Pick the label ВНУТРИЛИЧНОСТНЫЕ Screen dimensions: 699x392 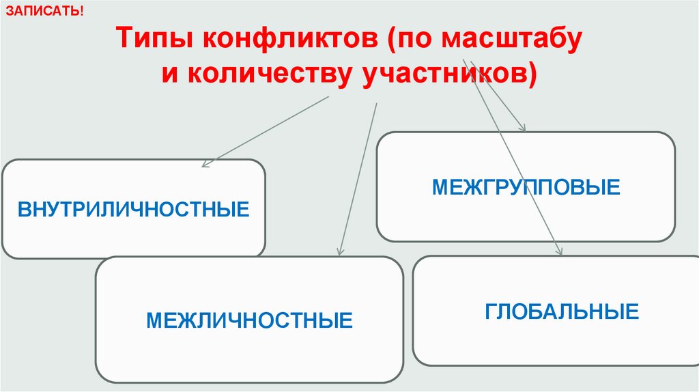[x=134, y=208]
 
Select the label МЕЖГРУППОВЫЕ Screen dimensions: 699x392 [x=526, y=186]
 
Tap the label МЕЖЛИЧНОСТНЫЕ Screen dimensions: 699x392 [x=249, y=320]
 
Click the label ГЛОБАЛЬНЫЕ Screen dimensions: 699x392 [x=562, y=311]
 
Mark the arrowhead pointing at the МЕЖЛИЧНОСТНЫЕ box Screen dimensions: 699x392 [x=339, y=253]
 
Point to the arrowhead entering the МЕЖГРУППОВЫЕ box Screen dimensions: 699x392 [x=524, y=128]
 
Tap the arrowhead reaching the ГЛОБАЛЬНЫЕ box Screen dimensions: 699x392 [x=560, y=252]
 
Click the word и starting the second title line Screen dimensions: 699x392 [x=169, y=73]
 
